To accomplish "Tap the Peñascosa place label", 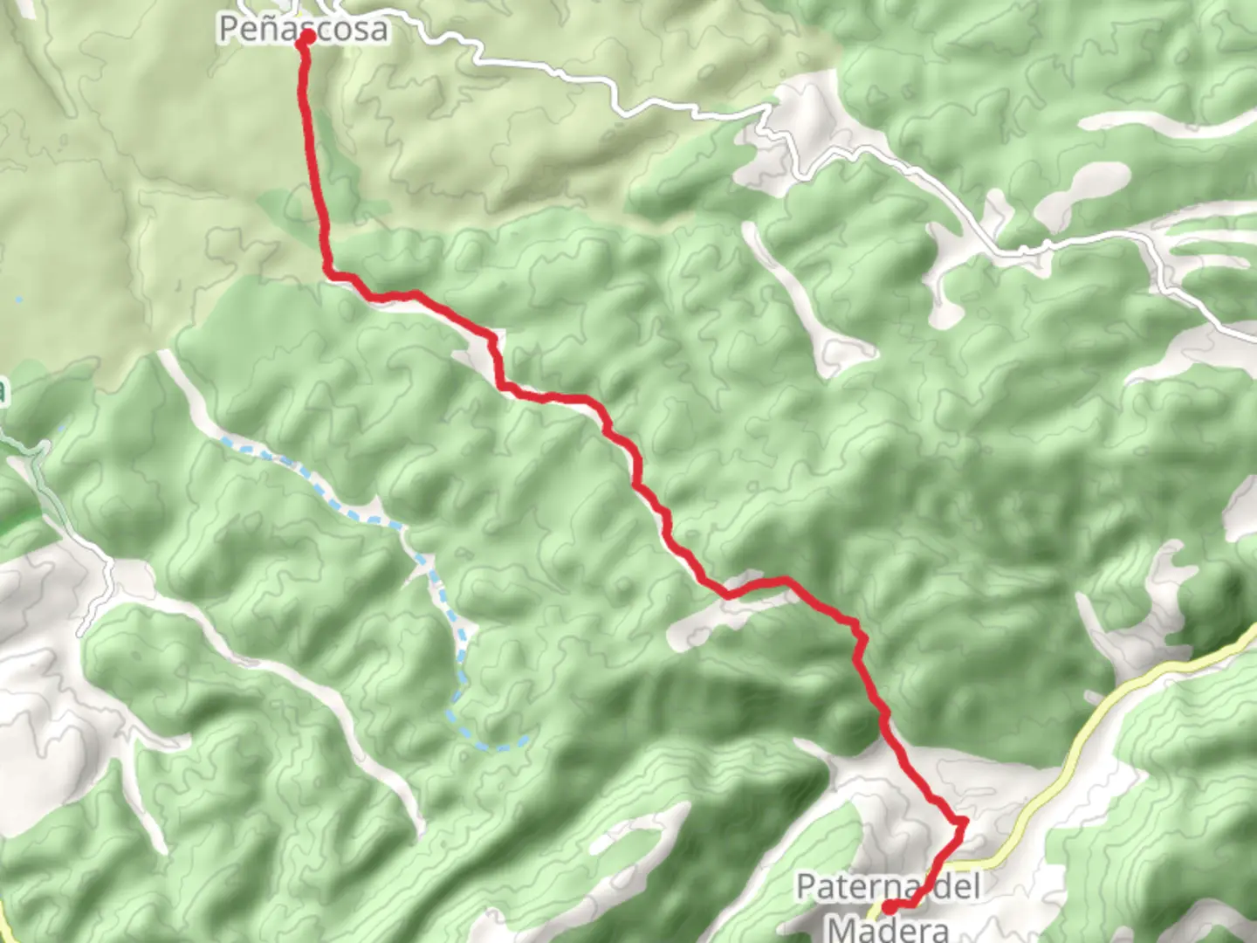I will pyautogui.click(x=303, y=29).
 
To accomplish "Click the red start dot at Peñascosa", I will pyautogui.click(x=306, y=38).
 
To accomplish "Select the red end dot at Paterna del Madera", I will pyautogui.click(x=889, y=907).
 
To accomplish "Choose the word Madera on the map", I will pyautogui.click(x=888, y=926).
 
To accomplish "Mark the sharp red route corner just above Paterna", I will pyautogui.click(x=963, y=822).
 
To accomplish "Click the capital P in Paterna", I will pyautogui.click(x=807, y=887).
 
